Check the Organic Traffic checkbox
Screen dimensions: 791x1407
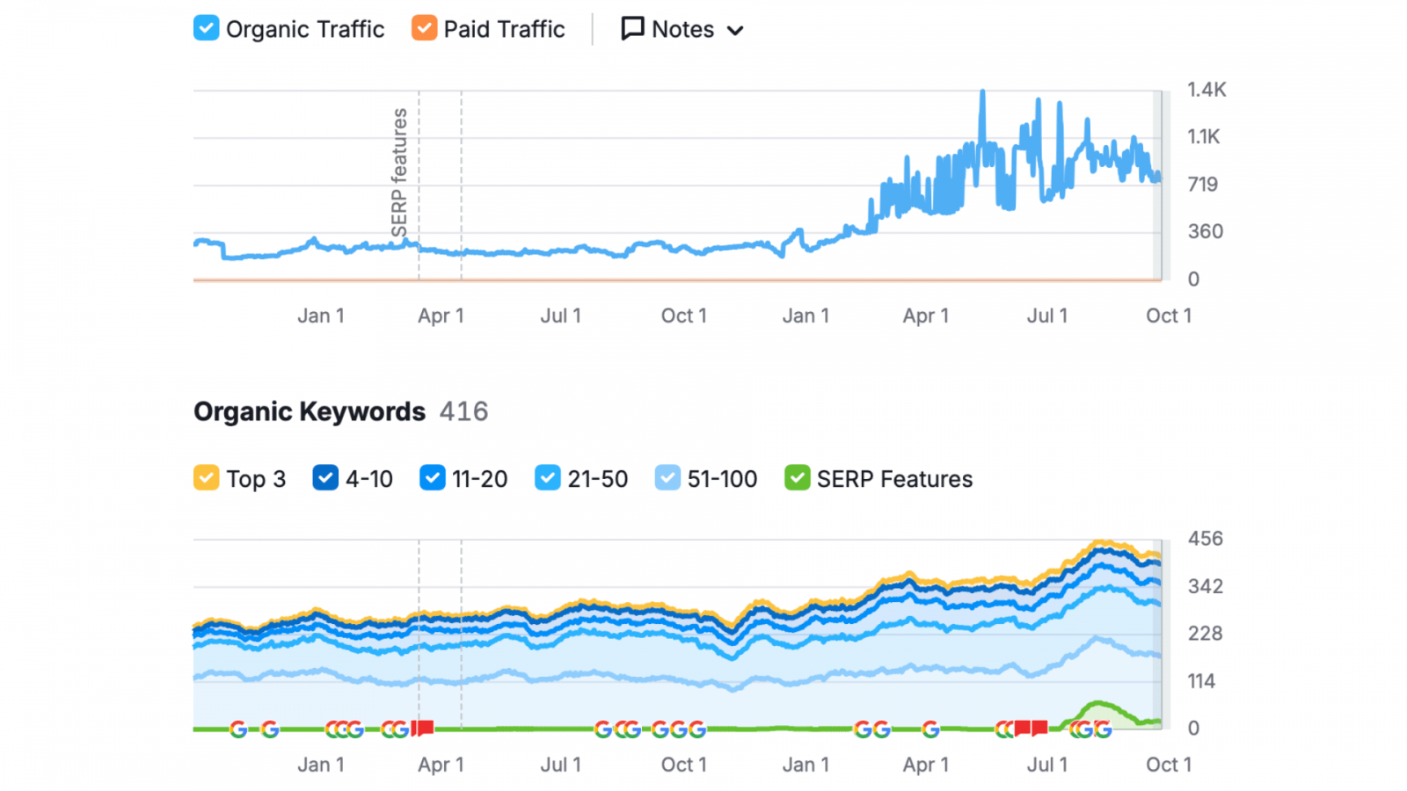point(206,28)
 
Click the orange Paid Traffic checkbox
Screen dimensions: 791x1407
point(424,28)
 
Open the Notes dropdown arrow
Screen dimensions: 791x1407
point(735,31)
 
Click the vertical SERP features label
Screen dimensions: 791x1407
point(399,172)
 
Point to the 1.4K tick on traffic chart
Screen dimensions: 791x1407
point(1206,90)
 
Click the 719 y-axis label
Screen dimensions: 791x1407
point(1202,185)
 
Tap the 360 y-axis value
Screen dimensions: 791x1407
point(1205,232)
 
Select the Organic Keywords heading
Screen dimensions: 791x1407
point(310,411)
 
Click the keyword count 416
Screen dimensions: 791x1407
point(463,411)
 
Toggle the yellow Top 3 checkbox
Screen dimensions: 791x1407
point(206,478)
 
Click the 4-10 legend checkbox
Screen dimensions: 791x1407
point(325,478)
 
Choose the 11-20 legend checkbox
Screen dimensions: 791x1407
point(432,478)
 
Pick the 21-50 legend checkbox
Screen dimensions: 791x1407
point(547,478)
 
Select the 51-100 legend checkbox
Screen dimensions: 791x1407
point(667,478)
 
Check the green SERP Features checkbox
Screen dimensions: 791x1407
point(797,478)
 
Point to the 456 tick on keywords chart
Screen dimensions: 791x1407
point(1205,539)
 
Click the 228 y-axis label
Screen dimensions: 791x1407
point(1205,634)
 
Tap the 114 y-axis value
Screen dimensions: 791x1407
point(1201,681)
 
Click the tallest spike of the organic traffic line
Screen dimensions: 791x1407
point(982,93)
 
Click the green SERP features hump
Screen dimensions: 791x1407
point(1097,710)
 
